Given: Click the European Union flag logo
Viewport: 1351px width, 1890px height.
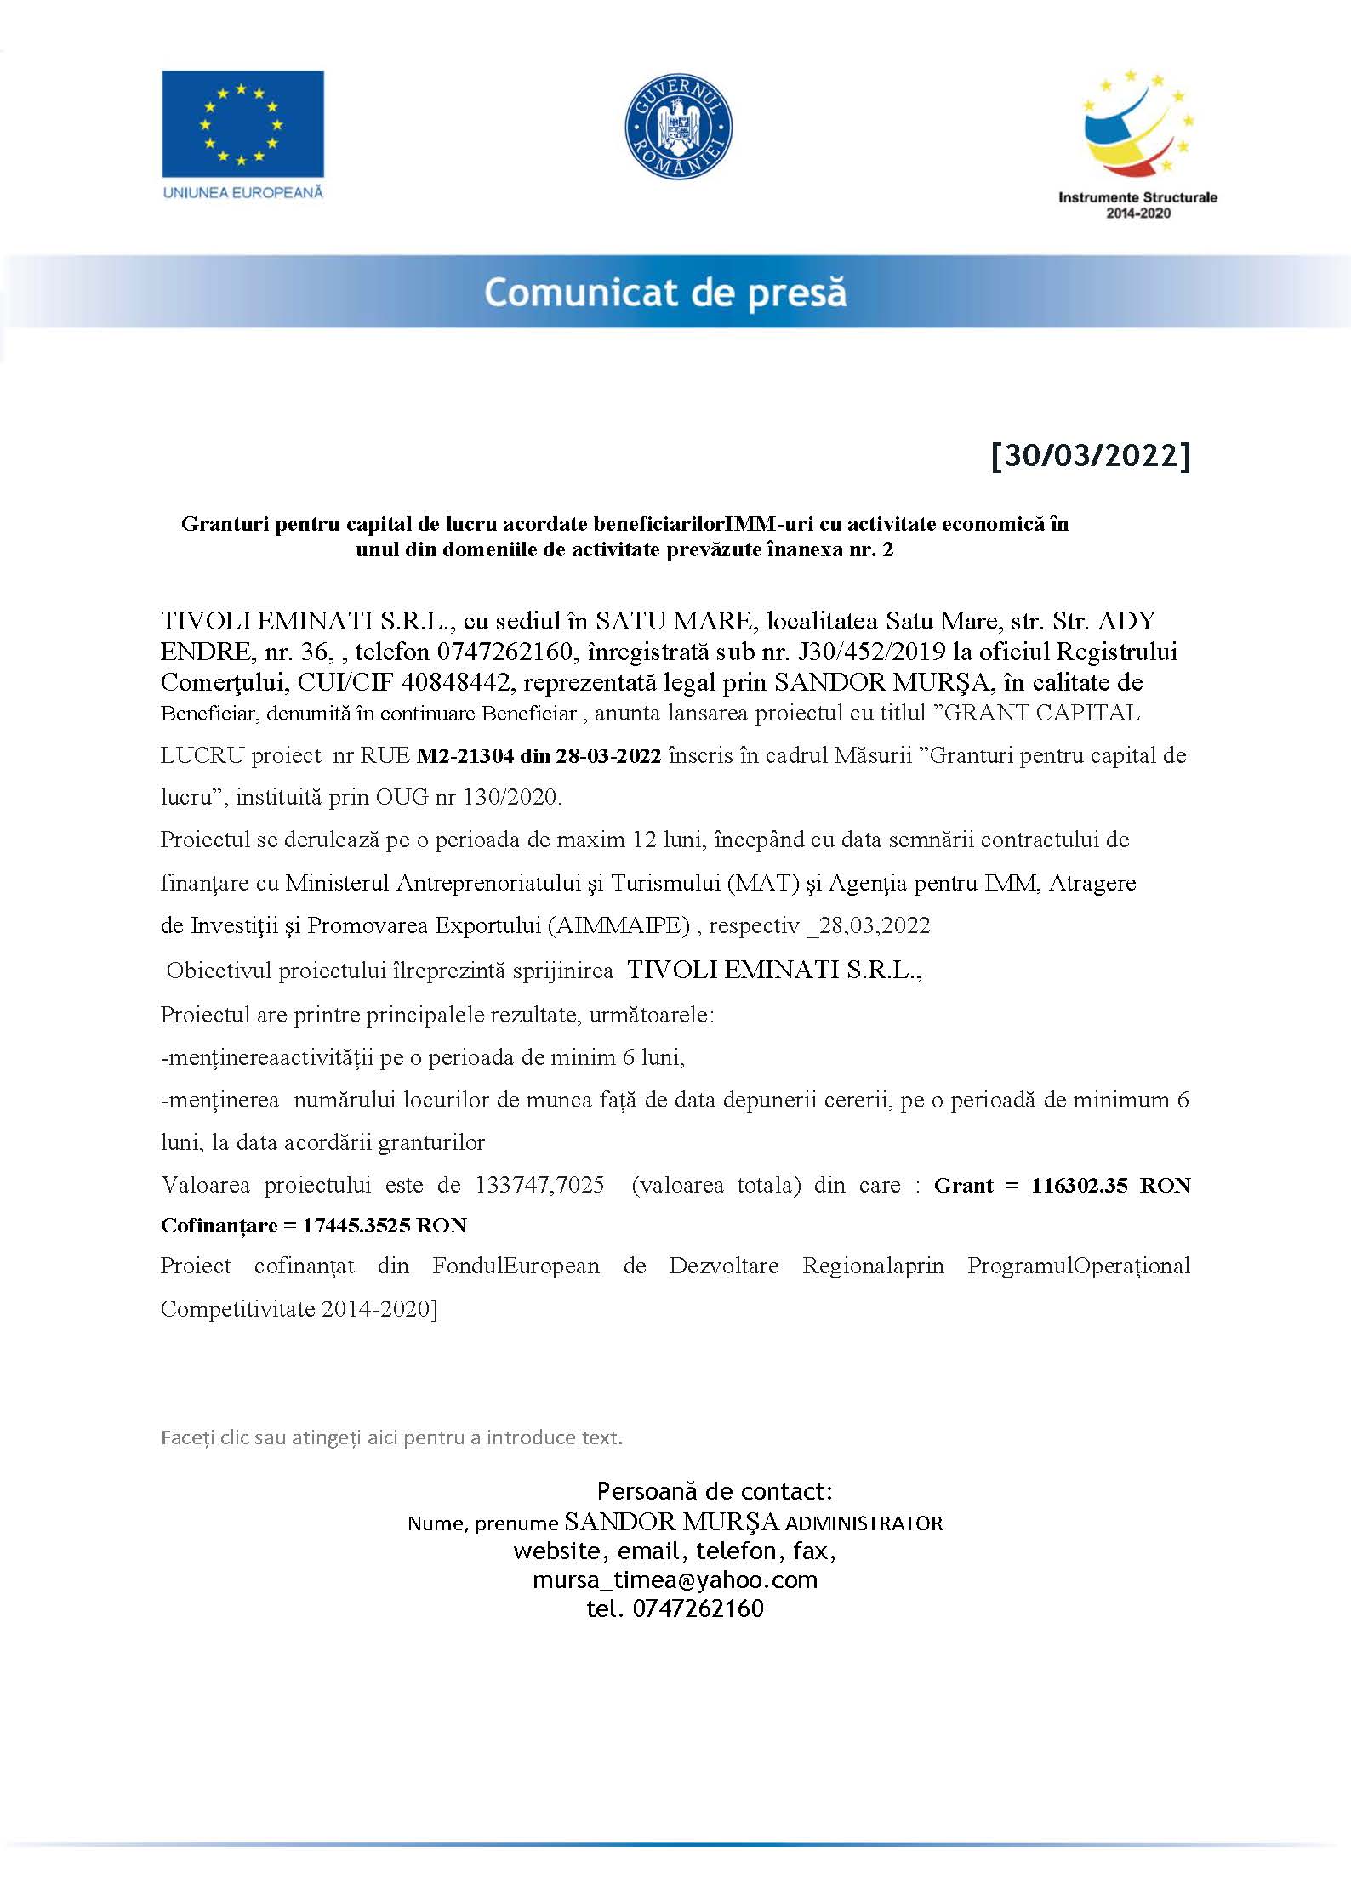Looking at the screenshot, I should [242, 123].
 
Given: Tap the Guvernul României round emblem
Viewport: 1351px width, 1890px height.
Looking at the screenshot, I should [678, 126].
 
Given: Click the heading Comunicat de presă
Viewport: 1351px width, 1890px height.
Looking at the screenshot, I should [665, 292].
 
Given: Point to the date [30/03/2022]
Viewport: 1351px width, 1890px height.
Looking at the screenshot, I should [1091, 456].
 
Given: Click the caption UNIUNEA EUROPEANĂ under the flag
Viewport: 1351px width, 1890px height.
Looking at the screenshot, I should [242, 192].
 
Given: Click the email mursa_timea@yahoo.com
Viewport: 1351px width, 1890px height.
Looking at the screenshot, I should [675, 1580].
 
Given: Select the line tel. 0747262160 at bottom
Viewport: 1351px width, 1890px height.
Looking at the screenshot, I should [675, 1608].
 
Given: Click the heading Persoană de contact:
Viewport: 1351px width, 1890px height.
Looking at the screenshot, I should [715, 1491].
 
